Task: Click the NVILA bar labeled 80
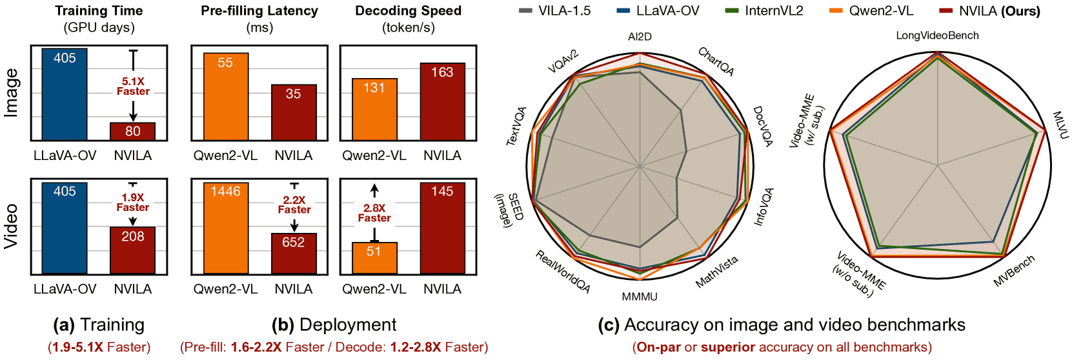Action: tap(132, 132)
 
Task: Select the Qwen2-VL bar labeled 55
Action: tap(226, 97)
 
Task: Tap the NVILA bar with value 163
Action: tap(442, 102)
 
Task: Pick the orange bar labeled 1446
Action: tap(226, 228)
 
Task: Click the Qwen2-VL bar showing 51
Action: tap(375, 258)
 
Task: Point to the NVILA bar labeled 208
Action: tap(132, 250)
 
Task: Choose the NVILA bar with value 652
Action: tap(294, 254)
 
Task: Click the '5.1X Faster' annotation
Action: tap(133, 86)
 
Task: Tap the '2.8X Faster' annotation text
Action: tap(374, 213)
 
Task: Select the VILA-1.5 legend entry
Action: tap(554, 10)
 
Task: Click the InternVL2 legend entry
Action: tap(765, 10)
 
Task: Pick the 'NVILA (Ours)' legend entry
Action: tap(989, 10)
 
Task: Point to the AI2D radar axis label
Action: tap(640, 37)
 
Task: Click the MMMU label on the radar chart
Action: tap(640, 297)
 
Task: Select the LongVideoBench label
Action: tap(938, 35)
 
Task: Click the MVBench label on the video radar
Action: tap(1014, 270)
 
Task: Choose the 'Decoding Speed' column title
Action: tap(409, 10)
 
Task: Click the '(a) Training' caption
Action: tap(99, 325)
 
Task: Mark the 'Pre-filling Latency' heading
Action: tap(259, 10)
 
